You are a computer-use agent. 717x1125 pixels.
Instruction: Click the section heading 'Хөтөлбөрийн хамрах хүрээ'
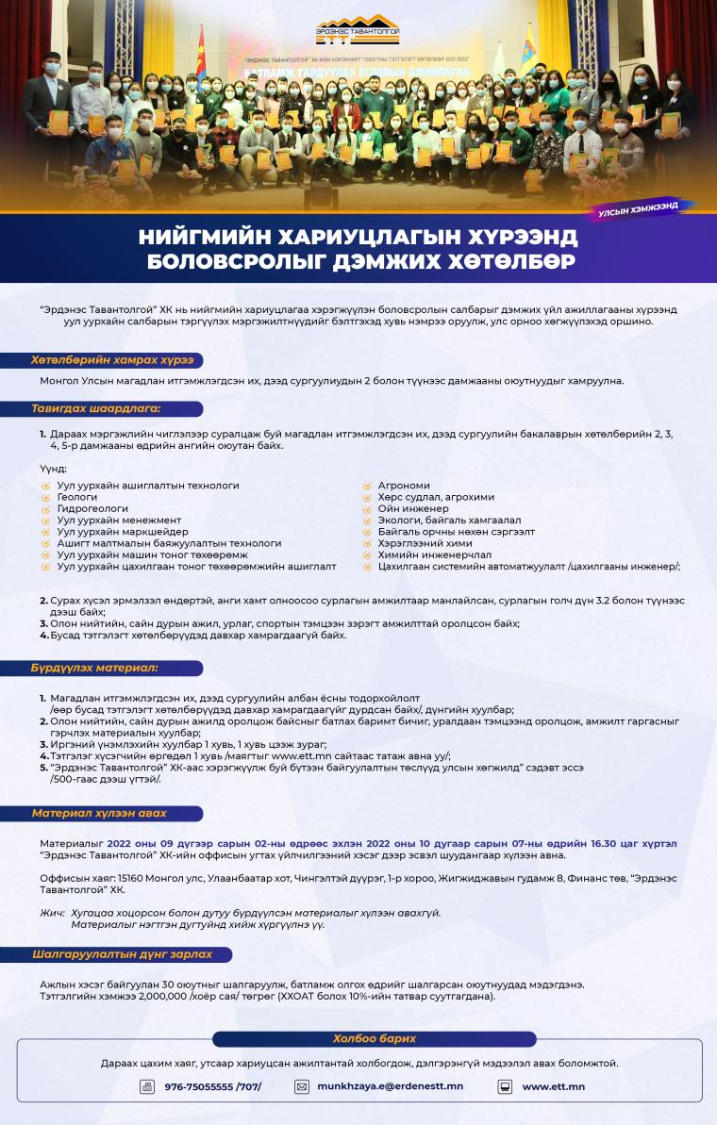point(104,360)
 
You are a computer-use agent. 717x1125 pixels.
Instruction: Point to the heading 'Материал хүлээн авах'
point(99,813)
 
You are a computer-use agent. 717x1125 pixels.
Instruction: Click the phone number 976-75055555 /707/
point(212,1086)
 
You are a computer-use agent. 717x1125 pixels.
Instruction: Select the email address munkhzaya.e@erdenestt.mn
point(390,1086)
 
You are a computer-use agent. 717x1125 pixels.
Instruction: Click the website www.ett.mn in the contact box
point(553,1086)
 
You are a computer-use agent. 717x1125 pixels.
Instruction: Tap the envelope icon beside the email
point(302,1086)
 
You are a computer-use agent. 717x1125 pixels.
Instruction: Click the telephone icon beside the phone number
point(147,1086)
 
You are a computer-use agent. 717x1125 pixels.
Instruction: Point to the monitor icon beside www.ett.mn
point(505,1086)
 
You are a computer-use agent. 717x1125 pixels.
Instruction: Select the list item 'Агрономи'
point(403,486)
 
